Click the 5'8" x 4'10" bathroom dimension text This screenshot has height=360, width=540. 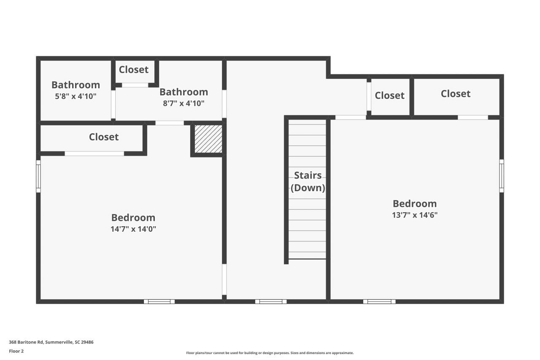tap(76, 96)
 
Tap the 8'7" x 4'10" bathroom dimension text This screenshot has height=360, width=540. tap(184, 103)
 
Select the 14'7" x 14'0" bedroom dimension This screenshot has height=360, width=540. tap(133, 229)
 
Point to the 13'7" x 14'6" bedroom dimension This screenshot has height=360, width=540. tap(415, 215)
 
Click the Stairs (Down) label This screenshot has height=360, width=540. tap(308, 181)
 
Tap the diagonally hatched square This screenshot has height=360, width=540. tap(208, 139)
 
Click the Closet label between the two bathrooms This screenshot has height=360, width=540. tap(134, 70)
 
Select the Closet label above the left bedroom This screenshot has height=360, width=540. tap(104, 137)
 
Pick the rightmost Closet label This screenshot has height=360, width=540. tap(456, 94)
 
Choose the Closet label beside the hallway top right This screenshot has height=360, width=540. tap(389, 95)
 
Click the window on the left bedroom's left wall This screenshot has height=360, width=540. tap(38, 176)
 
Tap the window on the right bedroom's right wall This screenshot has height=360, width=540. tap(502, 176)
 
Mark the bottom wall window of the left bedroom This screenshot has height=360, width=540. tap(159, 301)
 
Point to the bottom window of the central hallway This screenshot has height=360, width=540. tap(271, 301)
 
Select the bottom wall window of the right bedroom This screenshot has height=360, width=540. tap(379, 301)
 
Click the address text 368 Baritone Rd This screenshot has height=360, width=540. tap(26, 342)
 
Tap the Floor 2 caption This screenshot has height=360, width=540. tap(16, 351)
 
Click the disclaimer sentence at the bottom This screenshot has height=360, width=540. tap(270, 353)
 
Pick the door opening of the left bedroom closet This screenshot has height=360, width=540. tap(94, 154)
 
